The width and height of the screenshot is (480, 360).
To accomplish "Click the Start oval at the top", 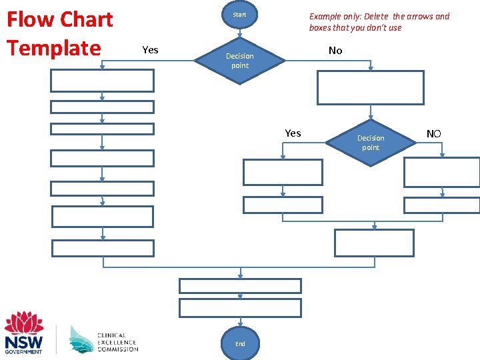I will click(x=239, y=15).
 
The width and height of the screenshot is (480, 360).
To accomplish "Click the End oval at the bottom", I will click(x=240, y=344).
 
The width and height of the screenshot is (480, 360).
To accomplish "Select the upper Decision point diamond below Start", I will click(x=239, y=61).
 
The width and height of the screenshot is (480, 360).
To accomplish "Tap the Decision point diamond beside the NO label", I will click(x=371, y=143).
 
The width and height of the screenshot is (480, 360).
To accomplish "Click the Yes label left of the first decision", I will click(x=151, y=50).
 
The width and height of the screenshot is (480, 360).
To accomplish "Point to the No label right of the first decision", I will click(x=335, y=51).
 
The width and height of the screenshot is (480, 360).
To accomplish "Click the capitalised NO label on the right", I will click(x=433, y=134).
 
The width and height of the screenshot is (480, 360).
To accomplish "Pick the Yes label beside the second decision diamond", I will click(x=293, y=133).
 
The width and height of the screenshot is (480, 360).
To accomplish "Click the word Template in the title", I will click(x=53, y=48).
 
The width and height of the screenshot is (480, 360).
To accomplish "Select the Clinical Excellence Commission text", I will click(x=117, y=343).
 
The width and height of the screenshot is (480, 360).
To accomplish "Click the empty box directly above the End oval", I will click(x=240, y=307).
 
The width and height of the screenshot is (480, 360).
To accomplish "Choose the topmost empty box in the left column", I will click(x=103, y=81).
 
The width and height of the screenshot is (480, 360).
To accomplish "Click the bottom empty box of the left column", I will click(x=103, y=248).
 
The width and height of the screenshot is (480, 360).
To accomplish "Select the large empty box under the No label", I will click(x=370, y=88).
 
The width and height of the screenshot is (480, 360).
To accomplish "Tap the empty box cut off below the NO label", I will click(x=442, y=172).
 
